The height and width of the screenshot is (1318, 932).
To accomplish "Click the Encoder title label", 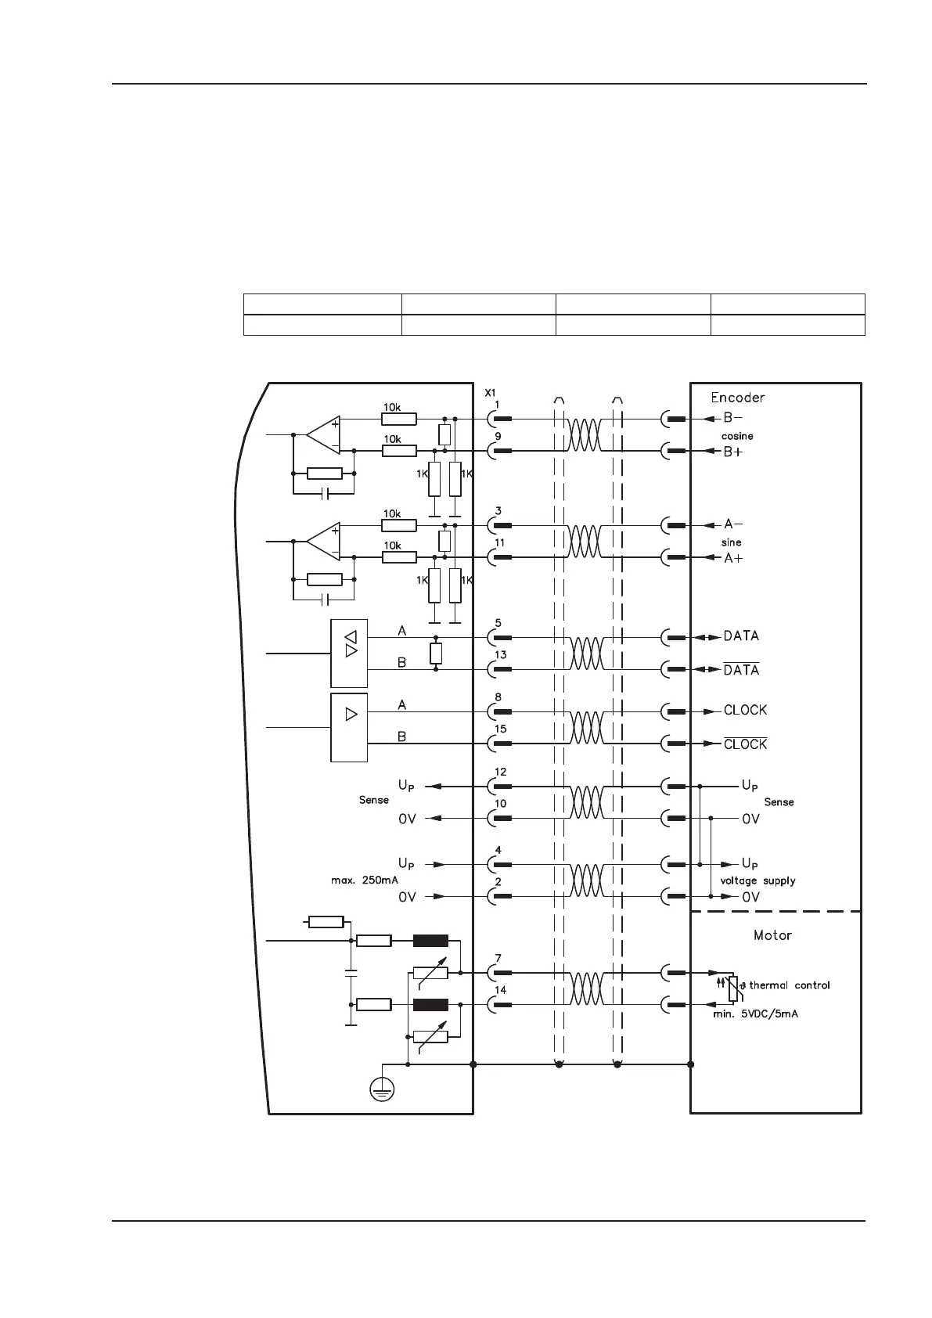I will (737, 398).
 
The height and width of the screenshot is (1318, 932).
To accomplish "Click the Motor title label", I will (772, 935).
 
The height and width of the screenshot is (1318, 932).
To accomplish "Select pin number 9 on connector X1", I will (498, 437).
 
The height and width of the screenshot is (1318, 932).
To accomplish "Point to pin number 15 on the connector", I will (500, 729).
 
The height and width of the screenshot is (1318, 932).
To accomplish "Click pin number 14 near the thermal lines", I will (500, 990).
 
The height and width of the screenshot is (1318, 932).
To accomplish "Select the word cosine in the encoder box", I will (737, 436).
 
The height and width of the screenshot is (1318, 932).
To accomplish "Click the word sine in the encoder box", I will (731, 542).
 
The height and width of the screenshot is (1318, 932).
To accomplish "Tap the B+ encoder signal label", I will (733, 452).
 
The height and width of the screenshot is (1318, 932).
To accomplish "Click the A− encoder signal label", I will (733, 524).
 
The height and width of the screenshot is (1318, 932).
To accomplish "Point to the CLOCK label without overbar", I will (745, 711).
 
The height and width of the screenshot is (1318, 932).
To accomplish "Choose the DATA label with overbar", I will (741, 670).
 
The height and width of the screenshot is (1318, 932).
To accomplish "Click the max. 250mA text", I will (365, 880).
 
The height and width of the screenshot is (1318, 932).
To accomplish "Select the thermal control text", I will (789, 985).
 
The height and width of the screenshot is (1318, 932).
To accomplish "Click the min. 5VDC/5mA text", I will (760, 1014).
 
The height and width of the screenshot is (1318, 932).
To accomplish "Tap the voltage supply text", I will (757, 880).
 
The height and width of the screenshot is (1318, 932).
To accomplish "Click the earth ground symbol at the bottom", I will (382, 1088).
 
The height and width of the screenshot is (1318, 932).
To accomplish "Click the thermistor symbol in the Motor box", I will (732, 989).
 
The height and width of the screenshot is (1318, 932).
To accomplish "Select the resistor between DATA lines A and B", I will (436, 654).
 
